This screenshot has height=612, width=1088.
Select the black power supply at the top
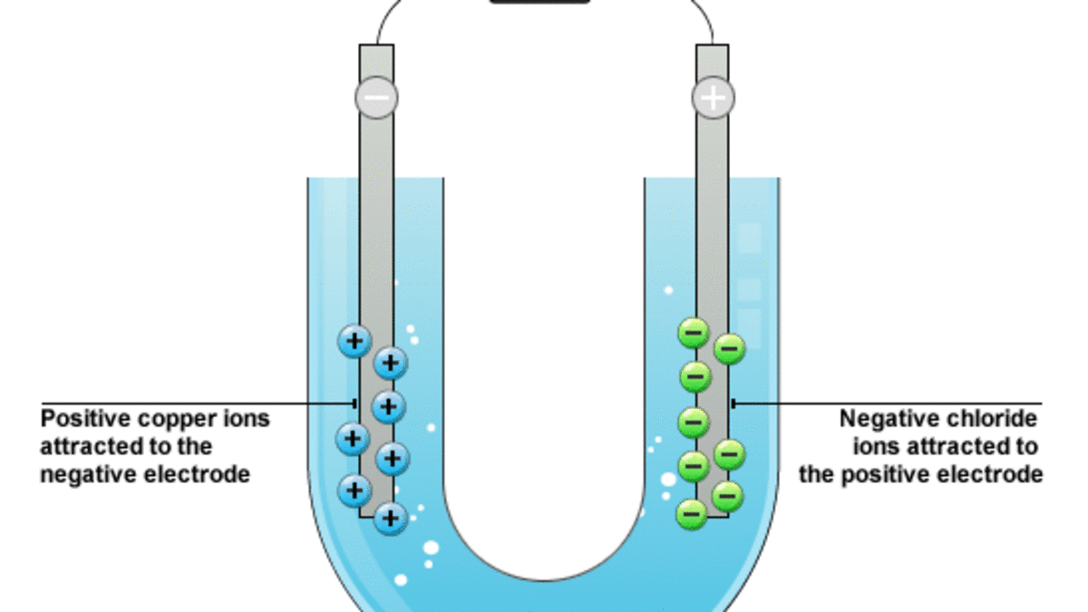(540, 2)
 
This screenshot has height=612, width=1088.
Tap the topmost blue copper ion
(355, 341)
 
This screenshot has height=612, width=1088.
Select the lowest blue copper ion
(391, 518)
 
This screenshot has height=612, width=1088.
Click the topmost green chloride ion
(695, 333)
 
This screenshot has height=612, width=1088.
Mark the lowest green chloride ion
(692, 514)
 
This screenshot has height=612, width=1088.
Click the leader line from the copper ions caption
(199, 403)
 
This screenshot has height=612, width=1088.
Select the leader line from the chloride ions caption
(889, 403)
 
